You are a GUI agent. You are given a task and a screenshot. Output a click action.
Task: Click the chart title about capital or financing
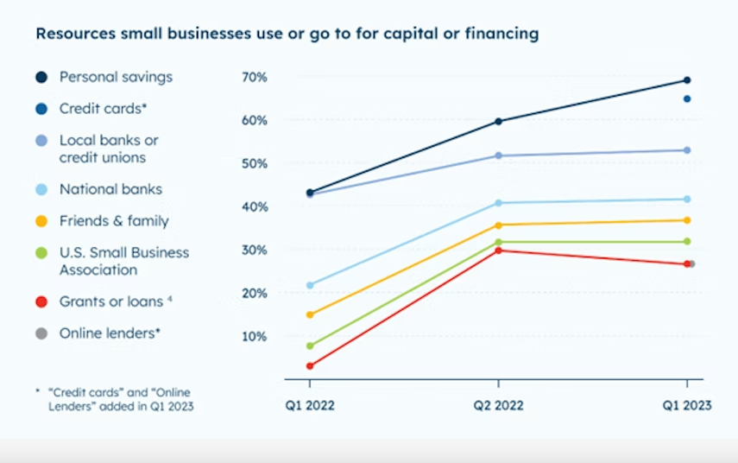[287, 34]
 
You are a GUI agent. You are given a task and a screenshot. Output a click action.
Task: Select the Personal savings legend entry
[116, 77]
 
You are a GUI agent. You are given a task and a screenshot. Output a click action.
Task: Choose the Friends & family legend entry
[114, 221]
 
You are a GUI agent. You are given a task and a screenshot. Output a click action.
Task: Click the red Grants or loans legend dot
[41, 301]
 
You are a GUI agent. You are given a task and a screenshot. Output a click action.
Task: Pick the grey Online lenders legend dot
[41, 333]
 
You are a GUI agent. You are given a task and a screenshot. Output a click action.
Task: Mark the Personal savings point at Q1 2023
[687, 80]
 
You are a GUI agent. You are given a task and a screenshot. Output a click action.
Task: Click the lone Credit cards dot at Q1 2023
[687, 98]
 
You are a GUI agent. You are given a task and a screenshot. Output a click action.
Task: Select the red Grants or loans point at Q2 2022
[498, 251]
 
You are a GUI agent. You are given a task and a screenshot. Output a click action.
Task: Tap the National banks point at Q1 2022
[310, 285]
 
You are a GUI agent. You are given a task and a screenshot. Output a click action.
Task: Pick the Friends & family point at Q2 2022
[498, 225]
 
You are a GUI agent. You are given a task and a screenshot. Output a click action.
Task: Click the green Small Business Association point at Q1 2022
[310, 346]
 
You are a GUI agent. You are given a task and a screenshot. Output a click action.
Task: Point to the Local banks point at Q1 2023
[687, 150]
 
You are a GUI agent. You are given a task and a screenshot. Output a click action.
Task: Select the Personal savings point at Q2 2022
[498, 121]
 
